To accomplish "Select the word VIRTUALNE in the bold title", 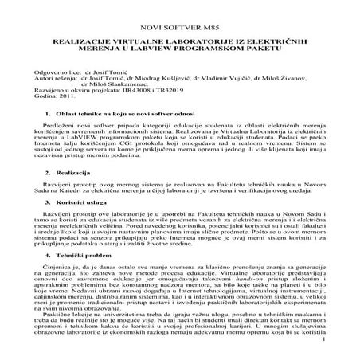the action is (x=130, y=39).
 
